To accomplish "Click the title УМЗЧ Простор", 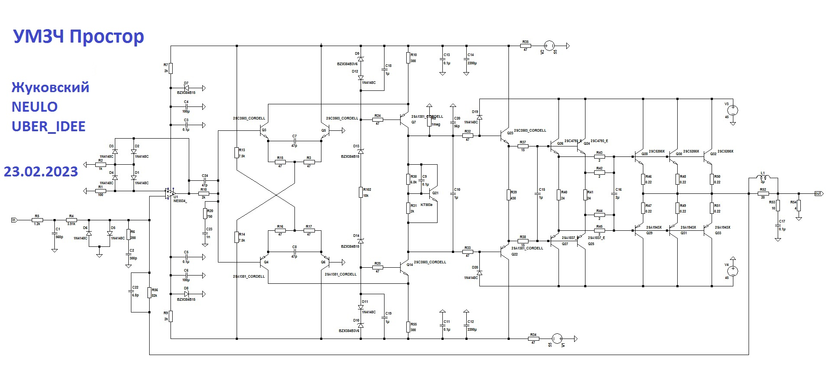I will (x=78, y=37).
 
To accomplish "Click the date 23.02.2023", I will (x=41, y=172).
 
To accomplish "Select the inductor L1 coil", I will (x=763, y=177).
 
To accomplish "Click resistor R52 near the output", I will (x=763, y=194).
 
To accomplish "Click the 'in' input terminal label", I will (x=14, y=220).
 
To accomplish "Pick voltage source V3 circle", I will (x=732, y=110).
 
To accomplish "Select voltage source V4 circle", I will (x=732, y=272).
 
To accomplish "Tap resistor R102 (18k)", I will (x=361, y=192).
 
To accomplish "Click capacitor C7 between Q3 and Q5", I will (x=294, y=141).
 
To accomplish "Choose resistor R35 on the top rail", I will (x=525, y=46).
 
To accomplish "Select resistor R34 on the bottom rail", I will (x=533, y=339).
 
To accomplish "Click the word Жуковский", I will (x=50, y=87).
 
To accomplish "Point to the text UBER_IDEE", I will (x=48, y=126).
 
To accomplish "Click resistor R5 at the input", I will (x=37, y=220).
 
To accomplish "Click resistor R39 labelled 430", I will (x=508, y=195).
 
